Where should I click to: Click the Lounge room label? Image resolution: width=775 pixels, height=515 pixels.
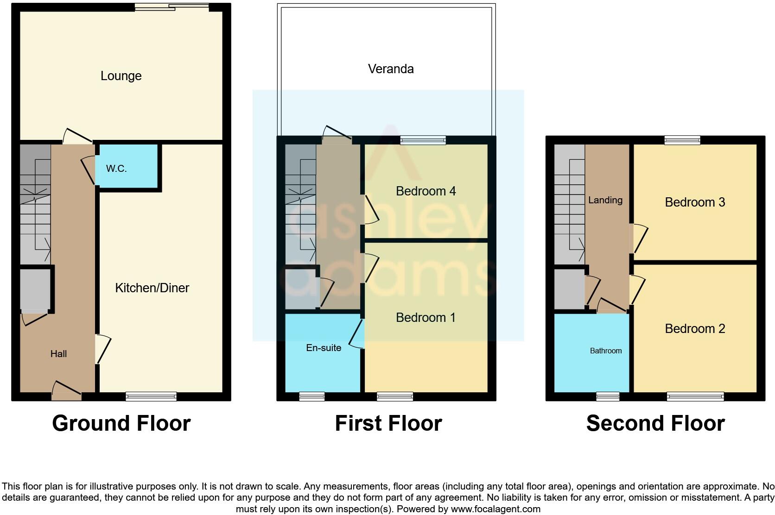pos(121,76)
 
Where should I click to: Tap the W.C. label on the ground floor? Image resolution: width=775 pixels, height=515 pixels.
pos(116,169)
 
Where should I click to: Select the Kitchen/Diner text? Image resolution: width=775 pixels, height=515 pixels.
pos(152,288)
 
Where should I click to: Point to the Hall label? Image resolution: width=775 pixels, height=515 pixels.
pos(58,354)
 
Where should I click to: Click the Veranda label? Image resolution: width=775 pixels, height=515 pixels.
pos(391,69)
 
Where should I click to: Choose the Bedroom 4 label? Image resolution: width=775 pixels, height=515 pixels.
pos(426,191)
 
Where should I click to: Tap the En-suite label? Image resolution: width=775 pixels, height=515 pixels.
pos(324,347)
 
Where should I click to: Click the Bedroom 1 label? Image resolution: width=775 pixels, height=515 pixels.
pos(426,317)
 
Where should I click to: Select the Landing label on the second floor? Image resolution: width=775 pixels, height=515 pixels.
pos(605,200)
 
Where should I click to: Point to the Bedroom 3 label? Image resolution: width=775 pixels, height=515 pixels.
pos(694,202)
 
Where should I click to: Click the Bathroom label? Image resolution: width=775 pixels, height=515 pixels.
pos(605,351)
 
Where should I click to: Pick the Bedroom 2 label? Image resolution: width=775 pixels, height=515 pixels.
pos(694,328)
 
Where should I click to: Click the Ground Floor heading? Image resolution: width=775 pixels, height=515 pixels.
pos(121,423)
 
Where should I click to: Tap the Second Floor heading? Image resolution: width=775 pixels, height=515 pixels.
pos(655,423)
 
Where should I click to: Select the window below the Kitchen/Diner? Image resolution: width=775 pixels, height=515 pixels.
pos(151,396)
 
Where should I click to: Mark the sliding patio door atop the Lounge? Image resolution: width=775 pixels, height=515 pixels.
pos(172,7)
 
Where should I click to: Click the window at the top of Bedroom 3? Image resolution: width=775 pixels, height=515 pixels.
pos(682,140)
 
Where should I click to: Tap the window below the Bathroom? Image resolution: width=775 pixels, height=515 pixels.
pos(607,396)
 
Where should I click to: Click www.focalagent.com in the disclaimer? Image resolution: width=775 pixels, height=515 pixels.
pos(495,509)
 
